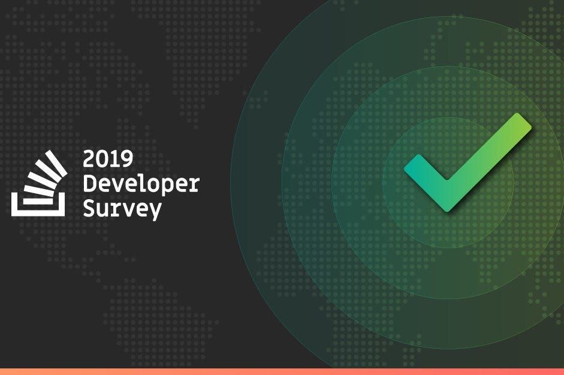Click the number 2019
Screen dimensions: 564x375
point(108,159)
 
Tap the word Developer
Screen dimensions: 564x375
point(141,184)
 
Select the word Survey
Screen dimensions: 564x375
point(122,209)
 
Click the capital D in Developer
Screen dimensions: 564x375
point(89,183)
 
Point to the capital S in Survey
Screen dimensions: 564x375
point(89,208)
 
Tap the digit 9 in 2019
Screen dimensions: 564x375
point(127,159)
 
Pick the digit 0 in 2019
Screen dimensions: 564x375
point(102,159)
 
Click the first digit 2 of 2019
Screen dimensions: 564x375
point(89,159)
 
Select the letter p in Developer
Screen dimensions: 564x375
point(164,187)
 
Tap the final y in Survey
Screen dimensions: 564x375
point(155,212)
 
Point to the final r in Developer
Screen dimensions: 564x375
point(194,185)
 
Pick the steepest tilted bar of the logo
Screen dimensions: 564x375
point(56,164)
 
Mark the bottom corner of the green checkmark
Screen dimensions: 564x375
point(448,211)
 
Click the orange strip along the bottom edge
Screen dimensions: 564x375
point(282,371)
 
